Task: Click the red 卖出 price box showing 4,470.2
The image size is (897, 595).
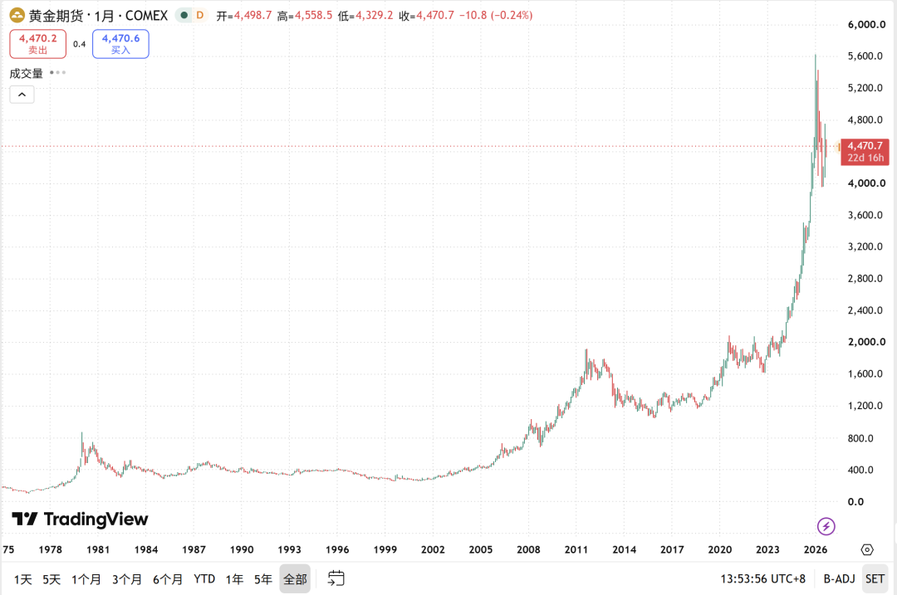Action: tap(37, 44)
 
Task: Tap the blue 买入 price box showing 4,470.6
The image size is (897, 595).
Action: tap(120, 44)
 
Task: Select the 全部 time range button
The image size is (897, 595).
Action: tap(295, 579)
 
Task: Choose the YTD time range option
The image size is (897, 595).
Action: tap(204, 579)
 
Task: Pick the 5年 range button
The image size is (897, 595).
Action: tap(263, 579)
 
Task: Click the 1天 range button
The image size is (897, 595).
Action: tap(23, 579)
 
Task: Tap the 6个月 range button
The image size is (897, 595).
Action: tap(168, 579)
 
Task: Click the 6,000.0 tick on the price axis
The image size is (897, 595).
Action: tap(866, 25)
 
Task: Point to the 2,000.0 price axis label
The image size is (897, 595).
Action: tap(866, 342)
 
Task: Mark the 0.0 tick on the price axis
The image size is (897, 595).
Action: tap(855, 502)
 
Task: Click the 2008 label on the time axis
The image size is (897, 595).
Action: tap(528, 549)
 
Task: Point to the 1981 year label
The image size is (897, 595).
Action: tap(98, 549)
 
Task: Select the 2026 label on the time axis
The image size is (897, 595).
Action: tap(816, 549)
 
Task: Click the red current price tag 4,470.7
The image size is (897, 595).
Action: tap(865, 152)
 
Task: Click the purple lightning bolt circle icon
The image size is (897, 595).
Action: tap(826, 526)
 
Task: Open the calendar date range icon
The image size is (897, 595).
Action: tap(336, 578)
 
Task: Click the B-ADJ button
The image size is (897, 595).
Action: tap(839, 579)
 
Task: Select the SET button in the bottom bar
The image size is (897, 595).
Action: tap(875, 579)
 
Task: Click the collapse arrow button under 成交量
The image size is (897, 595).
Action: tap(22, 95)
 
